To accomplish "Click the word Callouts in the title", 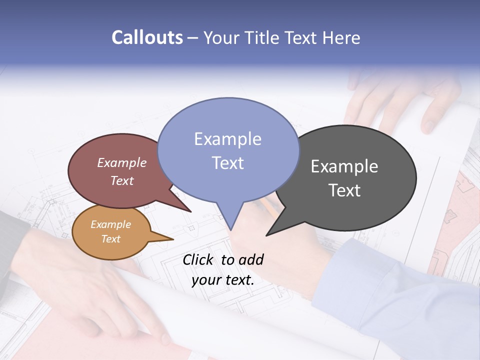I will pyautogui.click(x=147, y=37).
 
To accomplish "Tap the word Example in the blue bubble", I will pyautogui.click(x=227, y=139).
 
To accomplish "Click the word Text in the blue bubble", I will pyautogui.click(x=227, y=163).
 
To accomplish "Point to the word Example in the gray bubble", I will pyautogui.click(x=344, y=166).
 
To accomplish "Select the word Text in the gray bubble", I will pyautogui.click(x=344, y=190).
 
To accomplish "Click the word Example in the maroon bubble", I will pyautogui.click(x=121, y=162).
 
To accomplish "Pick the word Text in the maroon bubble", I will pyautogui.click(x=121, y=180).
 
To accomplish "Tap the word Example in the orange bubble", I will pyautogui.click(x=110, y=224).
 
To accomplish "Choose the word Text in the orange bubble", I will pyautogui.click(x=110, y=239).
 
